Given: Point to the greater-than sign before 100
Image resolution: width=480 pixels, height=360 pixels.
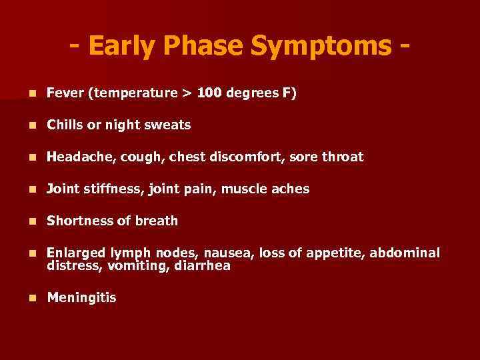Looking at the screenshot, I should coord(186,93).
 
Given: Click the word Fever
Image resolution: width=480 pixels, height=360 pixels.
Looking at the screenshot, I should coord(65,93).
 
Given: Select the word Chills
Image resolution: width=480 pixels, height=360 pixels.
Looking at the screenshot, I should coord(65,125).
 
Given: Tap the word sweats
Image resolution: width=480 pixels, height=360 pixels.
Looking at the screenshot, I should coord(170,125).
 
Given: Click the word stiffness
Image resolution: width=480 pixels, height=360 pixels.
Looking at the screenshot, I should coord(109,189).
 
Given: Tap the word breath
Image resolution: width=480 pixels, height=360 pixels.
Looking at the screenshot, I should coord(157,221).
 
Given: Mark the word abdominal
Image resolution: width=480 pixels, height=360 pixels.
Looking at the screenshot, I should coord(405,253).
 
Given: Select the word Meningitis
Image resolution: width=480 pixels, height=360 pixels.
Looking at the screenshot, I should coord(81,297).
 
